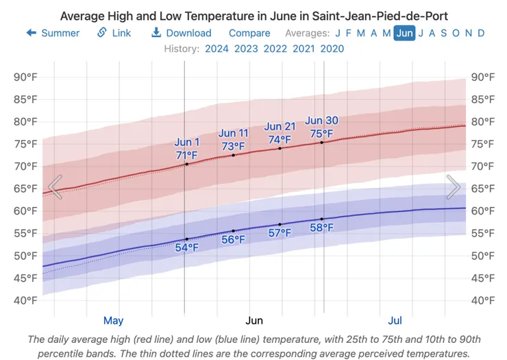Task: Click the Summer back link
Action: tap(53, 33)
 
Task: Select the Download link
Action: tap(182, 33)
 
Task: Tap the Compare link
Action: tap(249, 33)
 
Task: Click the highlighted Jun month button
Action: tap(404, 33)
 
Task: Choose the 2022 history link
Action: tap(275, 49)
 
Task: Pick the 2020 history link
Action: tap(332, 49)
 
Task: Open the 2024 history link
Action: tap(217, 49)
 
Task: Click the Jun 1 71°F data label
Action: tap(186, 149)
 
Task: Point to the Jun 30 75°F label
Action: tap(321, 127)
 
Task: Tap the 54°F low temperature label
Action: tap(186, 248)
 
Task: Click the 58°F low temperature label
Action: tap(321, 228)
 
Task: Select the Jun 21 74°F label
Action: tap(280, 133)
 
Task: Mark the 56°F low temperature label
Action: tap(233, 239)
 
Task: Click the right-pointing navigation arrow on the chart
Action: tap(454, 187)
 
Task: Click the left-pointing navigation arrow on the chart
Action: tap(55, 187)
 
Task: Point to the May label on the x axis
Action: tap(113, 320)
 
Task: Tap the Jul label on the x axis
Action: tap(395, 320)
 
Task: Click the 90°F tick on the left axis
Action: tap(25, 77)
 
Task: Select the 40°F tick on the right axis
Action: tap(482, 300)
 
